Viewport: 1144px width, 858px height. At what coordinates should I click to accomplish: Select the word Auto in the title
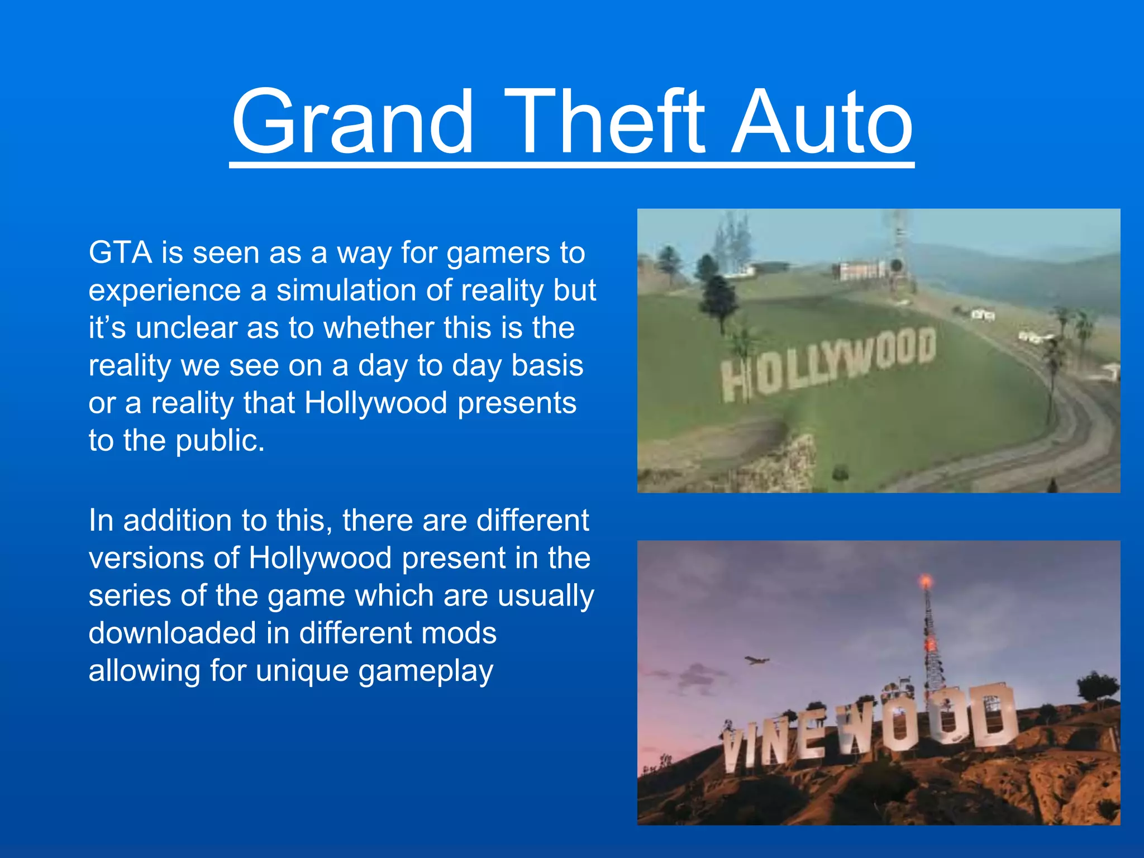click(821, 122)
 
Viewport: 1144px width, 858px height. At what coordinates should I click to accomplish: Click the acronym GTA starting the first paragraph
click(120, 252)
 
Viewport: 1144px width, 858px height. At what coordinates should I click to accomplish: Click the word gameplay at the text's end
click(426, 671)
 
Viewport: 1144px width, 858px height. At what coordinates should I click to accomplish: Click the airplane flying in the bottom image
click(757, 661)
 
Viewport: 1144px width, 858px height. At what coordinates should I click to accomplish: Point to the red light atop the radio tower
click(926, 582)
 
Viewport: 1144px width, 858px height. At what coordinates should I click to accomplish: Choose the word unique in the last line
click(302, 671)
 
